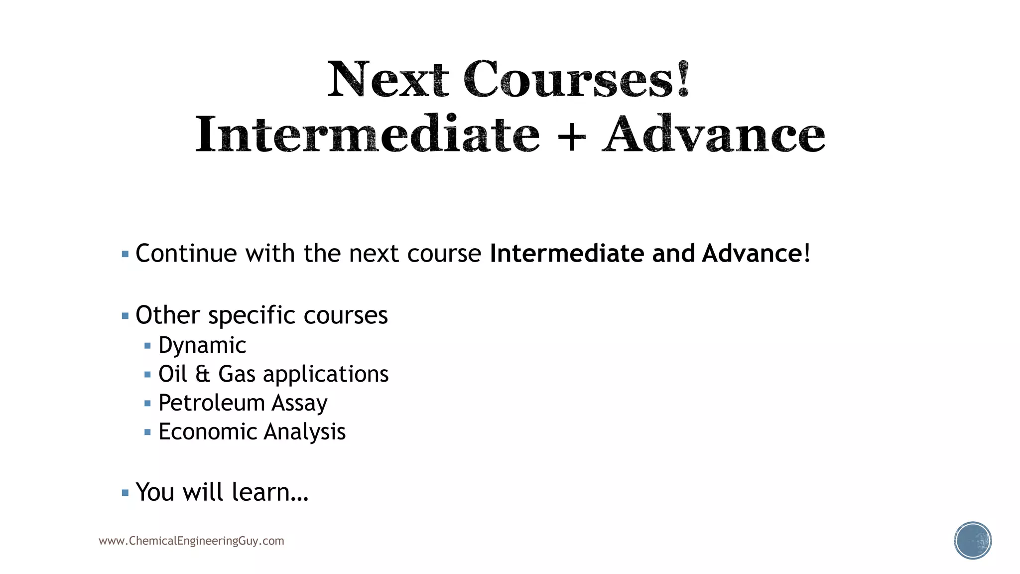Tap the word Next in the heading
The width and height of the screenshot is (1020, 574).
388,80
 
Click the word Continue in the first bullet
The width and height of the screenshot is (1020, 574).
187,254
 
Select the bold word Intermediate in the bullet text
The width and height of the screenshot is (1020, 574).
567,254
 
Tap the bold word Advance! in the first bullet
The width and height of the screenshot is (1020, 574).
756,254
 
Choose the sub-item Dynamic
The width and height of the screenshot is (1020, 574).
202,345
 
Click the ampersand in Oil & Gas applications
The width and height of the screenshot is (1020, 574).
202,374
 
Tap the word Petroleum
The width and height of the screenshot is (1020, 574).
211,403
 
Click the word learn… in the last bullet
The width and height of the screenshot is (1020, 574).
270,492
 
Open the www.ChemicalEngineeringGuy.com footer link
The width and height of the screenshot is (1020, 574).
191,541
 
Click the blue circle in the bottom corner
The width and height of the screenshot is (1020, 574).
973,541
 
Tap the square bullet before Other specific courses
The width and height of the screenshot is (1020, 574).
125,316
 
